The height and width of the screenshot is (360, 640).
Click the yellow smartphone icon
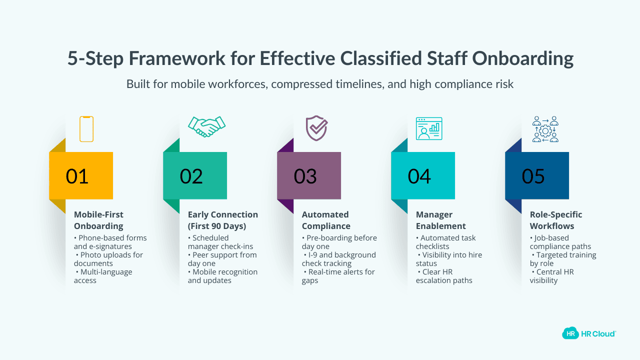coord(86,129)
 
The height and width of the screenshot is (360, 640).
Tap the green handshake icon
coord(206,126)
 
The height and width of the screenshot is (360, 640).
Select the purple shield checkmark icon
coord(316,128)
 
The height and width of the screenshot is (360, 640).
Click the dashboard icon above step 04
coord(429,128)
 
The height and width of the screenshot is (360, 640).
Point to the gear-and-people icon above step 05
coord(545,129)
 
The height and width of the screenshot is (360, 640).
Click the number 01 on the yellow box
coord(77,176)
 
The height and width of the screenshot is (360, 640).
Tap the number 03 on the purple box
coord(305,176)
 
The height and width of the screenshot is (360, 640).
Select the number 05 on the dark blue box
coord(533,176)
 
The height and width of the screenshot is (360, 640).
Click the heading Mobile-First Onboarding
coord(98,220)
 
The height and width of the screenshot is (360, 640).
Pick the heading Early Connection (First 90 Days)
coord(223,220)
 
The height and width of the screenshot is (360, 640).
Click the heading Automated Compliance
coord(325,220)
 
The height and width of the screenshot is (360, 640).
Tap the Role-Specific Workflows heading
coord(556,220)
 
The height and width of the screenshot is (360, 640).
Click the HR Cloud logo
coord(589,333)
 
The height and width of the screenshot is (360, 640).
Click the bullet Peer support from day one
coord(222,259)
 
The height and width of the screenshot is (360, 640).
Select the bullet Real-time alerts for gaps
coord(338,276)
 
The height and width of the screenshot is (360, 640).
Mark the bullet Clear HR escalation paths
coord(444,276)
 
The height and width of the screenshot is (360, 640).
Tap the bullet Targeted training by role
coord(563,259)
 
